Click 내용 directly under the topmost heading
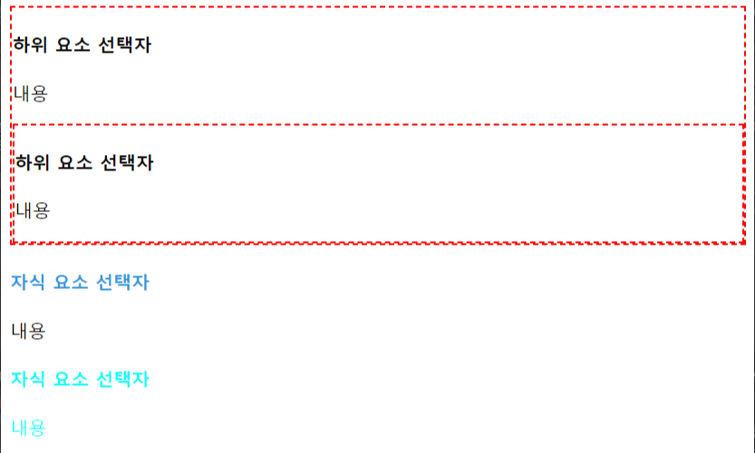30,92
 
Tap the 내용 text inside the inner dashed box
34,210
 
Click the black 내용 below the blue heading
28,331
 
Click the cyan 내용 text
28,427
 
